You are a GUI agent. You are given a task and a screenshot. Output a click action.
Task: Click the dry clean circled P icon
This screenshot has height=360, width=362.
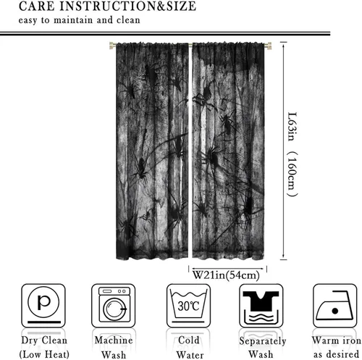click(x=43, y=306)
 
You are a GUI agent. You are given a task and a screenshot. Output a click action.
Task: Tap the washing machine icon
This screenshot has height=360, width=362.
click(x=114, y=306)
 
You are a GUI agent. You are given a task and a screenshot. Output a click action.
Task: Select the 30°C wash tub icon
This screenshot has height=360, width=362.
click(x=188, y=306)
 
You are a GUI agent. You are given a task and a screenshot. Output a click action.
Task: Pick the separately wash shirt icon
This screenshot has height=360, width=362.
click(x=261, y=306)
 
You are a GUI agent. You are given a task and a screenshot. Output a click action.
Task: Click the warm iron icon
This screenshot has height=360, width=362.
click(x=334, y=306)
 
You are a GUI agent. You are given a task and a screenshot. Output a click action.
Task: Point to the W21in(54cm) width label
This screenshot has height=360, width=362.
click(x=226, y=275)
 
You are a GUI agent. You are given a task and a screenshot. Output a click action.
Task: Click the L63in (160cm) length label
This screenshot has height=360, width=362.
click(x=292, y=154)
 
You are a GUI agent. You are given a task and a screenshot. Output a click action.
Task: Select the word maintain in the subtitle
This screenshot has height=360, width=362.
click(x=73, y=20)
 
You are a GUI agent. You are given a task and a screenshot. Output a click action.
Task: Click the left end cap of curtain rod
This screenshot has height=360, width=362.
click(x=112, y=46)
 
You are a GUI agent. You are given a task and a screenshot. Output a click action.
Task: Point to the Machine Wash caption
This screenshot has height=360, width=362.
click(x=114, y=348)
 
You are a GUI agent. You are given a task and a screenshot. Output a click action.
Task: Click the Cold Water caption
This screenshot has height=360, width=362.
click(x=190, y=348)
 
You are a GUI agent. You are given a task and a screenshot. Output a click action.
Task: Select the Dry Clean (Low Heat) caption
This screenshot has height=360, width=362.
click(x=44, y=347)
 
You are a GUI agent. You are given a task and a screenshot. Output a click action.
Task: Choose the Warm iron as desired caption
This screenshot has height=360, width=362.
click(x=337, y=347)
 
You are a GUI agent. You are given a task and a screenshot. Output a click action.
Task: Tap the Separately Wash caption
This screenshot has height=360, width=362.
click(x=263, y=348)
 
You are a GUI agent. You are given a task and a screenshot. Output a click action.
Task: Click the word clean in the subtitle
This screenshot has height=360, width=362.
click(x=128, y=20)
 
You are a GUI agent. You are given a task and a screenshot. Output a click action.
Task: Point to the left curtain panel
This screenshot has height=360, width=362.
click(x=152, y=151)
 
